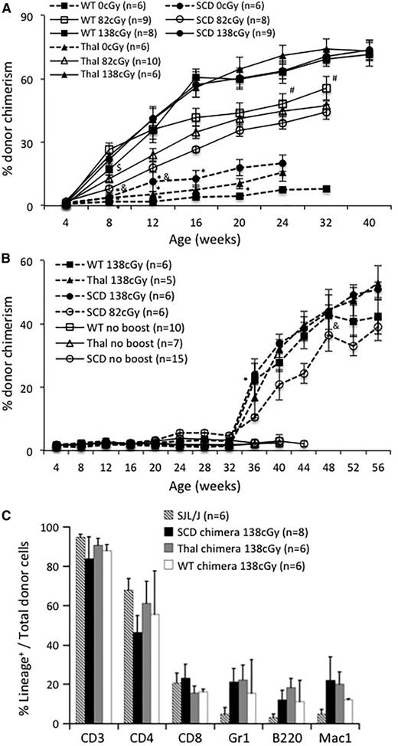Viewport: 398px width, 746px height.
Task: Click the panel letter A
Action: click(7, 7)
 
